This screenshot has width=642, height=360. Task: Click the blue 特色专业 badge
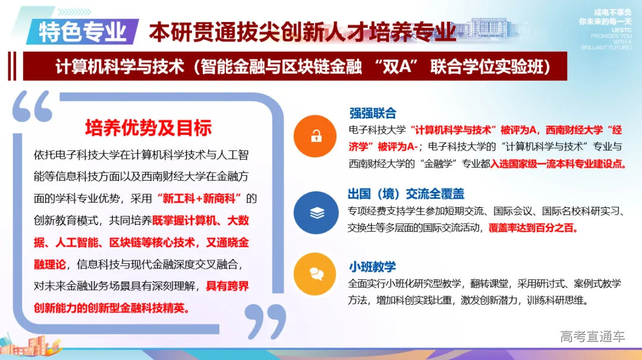point(82,31)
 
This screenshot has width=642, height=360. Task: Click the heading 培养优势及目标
point(148,127)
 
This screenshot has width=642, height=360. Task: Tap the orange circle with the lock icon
point(316,137)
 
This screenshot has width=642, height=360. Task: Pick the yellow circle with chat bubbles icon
point(316,273)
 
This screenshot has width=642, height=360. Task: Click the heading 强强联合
point(373,113)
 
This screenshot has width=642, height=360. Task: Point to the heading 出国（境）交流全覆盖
point(406,194)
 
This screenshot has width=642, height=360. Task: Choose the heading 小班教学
point(373,267)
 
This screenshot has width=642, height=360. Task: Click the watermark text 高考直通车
point(592,337)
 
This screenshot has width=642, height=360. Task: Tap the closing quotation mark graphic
point(266,321)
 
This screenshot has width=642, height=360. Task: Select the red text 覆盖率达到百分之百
point(533,227)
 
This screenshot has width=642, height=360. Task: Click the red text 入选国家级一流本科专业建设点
point(558,163)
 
